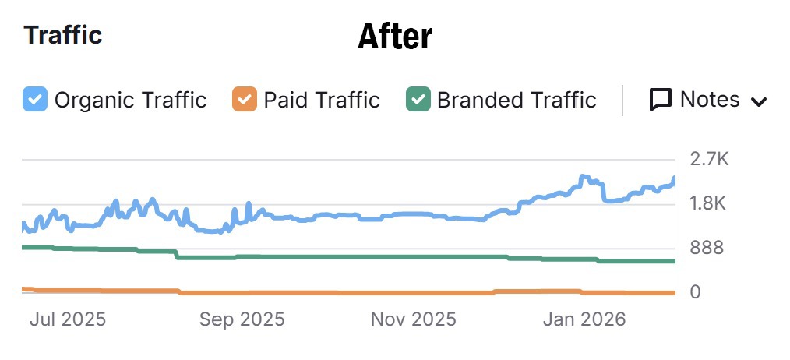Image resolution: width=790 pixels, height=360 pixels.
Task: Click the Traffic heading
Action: [x=63, y=35]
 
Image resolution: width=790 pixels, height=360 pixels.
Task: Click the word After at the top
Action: [x=394, y=36]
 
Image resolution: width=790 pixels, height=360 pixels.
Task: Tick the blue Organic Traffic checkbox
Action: [x=35, y=100]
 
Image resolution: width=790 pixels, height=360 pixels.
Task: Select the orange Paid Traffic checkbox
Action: [x=245, y=100]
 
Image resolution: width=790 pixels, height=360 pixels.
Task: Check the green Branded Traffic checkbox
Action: [x=419, y=100]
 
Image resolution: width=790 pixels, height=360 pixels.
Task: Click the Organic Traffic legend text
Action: [x=130, y=100]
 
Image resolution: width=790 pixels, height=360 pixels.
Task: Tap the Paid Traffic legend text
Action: [x=322, y=100]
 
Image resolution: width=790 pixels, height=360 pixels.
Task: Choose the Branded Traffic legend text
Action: [x=517, y=100]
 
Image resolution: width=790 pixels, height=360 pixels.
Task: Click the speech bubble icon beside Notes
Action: [x=661, y=100]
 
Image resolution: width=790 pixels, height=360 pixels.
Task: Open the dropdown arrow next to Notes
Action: [x=759, y=101]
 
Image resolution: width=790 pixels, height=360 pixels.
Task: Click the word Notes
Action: [x=710, y=99]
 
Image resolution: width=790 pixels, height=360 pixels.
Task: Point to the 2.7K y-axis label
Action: [x=709, y=160]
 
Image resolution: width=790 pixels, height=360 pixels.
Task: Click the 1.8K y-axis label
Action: [x=708, y=204]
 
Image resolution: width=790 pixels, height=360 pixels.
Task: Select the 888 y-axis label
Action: [x=707, y=249]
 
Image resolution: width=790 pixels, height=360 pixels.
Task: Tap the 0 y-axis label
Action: [x=696, y=292]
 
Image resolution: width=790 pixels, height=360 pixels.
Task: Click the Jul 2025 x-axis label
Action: [x=67, y=319]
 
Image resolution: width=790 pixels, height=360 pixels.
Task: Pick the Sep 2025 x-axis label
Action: [x=242, y=319]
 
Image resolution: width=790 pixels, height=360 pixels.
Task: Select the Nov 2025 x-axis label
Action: [x=414, y=319]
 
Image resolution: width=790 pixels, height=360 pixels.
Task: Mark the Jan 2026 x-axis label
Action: [x=584, y=319]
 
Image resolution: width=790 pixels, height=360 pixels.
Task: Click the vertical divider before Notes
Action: [x=622, y=100]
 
